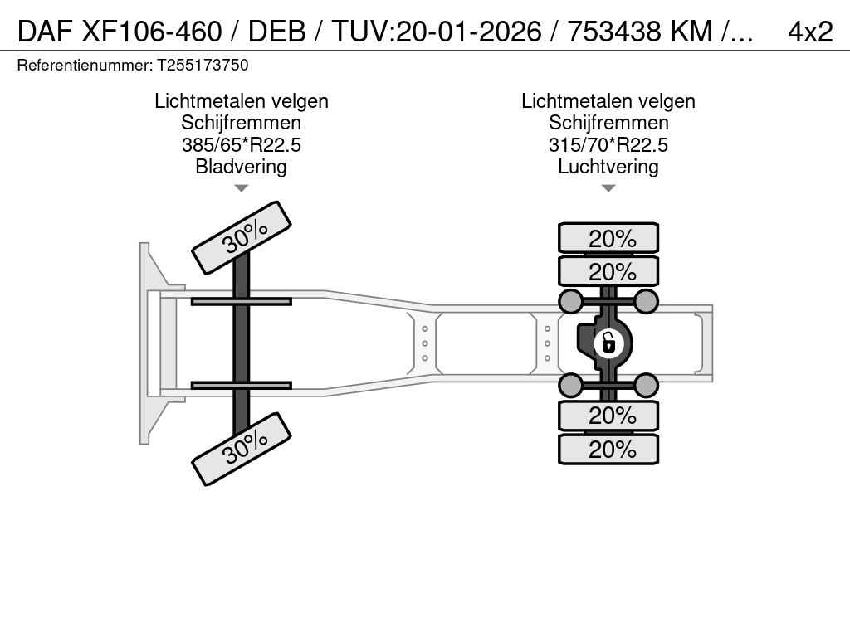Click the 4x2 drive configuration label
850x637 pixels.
pyautogui.click(x=810, y=32)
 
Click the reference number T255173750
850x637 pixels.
pyautogui.click(x=203, y=65)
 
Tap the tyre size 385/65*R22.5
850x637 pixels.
pyautogui.click(x=242, y=144)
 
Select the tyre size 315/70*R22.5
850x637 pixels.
pyautogui.click(x=608, y=144)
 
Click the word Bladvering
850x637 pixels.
pyautogui.click(x=242, y=166)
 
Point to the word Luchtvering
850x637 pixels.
pyautogui.click(x=608, y=166)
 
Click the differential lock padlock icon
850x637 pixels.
pyautogui.click(x=608, y=343)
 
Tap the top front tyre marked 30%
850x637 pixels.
pyautogui.click(x=242, y=237)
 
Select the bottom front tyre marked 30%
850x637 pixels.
pyautogui.click(x=242, y=449)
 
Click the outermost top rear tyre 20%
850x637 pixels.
pyautogui.click(x=608, y=238)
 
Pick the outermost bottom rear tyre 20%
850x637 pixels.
pyautogui.click(x=608, y=449)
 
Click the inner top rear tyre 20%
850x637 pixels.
pyautogui.click(x=608, y=271)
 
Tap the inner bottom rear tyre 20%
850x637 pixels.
pyautogui.click(x=608, y=416)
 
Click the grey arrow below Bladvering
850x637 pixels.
pyautogui.click(x=242, y=188)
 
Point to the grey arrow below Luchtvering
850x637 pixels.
pyautogui.click(x=608, y=188)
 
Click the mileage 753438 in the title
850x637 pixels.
pyautogui.click(x=614, y=32)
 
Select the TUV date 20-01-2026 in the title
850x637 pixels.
pyautogui.click(x=469, y=32)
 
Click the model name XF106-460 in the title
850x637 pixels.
pyautogui.click(x=152, y=32)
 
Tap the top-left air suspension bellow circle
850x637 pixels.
pyautogui.click(x=571, y=301)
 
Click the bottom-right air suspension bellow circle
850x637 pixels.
pyautogui.click(x=646, y=385)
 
